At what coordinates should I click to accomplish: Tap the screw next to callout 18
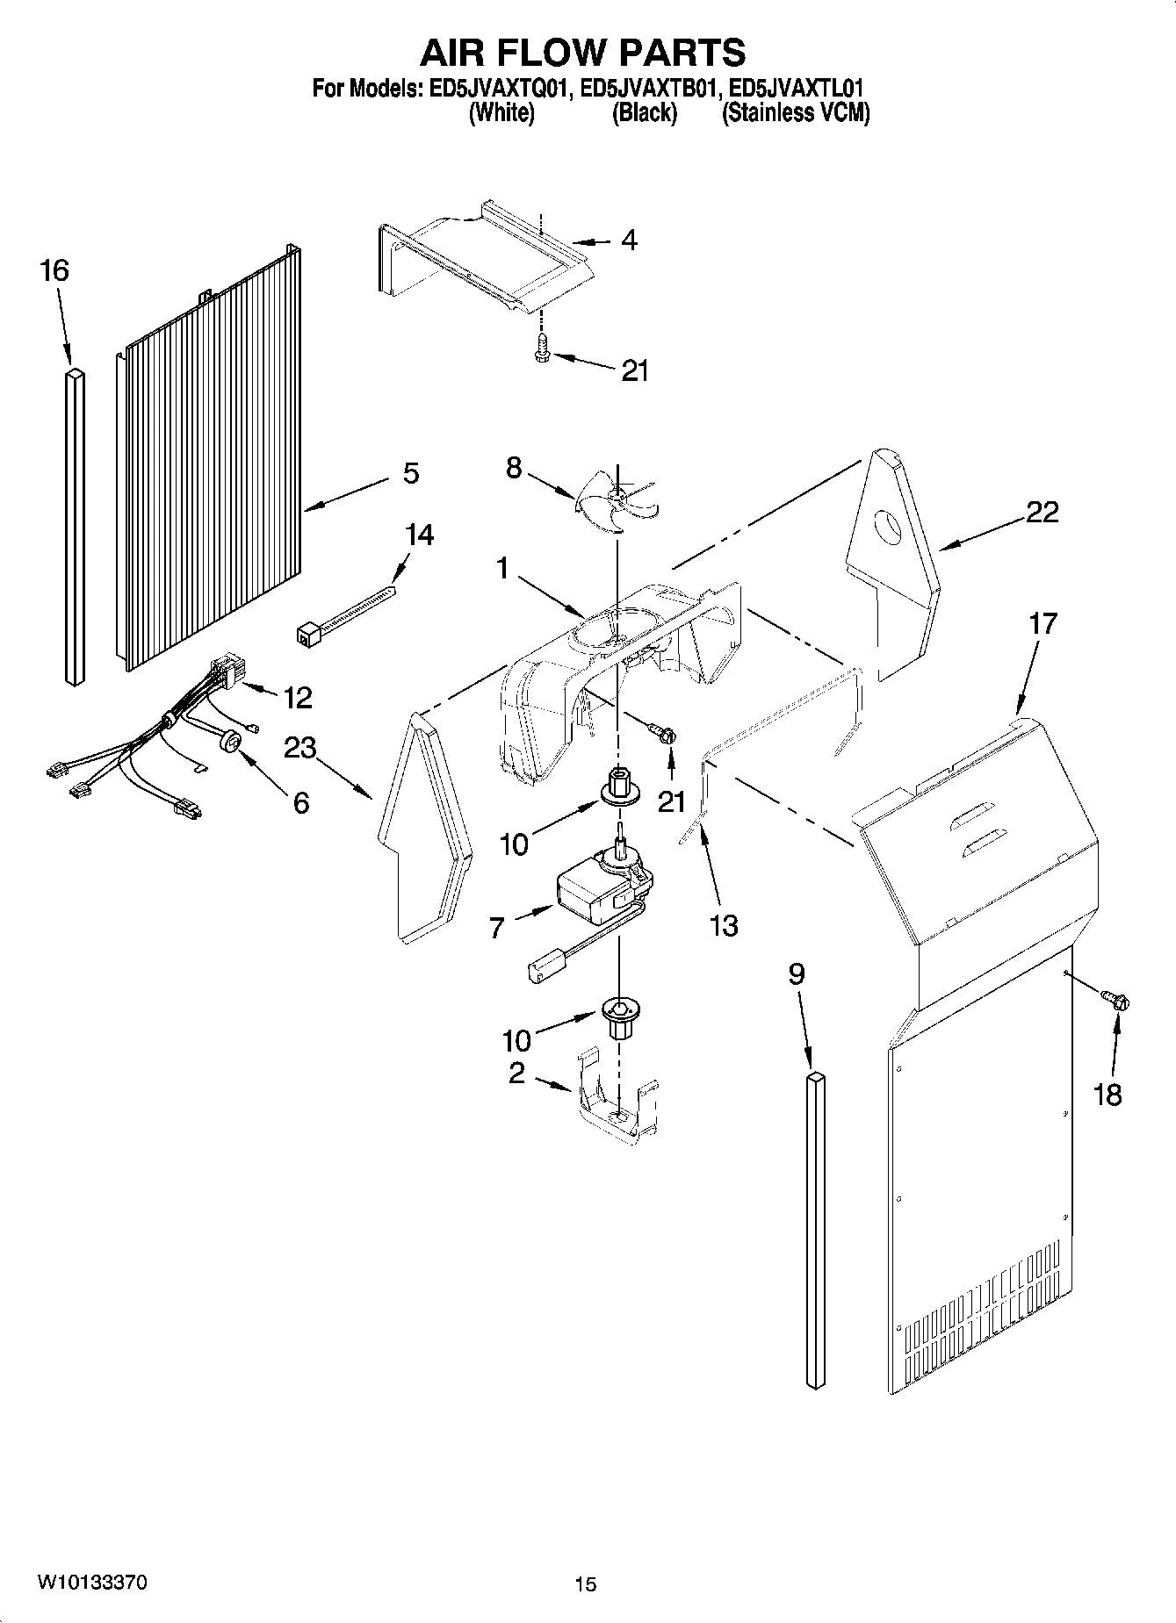tap(1115, 1000)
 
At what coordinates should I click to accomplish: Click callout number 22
tap(1042, 512)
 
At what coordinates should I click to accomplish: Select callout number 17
tap(1043, 624)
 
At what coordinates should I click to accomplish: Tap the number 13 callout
tap(724, 925)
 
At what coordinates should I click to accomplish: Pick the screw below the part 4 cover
tap(541, 353)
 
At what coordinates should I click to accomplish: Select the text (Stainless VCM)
tap(795, 113)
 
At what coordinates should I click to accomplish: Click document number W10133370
tap(91, 1583)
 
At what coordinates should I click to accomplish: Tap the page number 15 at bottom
tap(585, 1584)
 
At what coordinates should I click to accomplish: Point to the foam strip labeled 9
tap(815, 1229)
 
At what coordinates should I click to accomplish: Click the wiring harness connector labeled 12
tap(227, 672)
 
